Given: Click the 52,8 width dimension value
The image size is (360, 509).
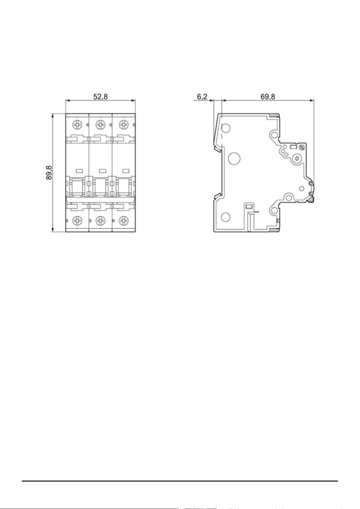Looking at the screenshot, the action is click(100, 97).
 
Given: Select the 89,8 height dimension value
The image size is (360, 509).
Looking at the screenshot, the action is click(49, 173).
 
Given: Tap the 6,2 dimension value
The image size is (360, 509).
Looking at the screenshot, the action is click(202, 97).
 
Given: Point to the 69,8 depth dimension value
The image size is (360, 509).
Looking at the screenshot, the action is click(268, 97).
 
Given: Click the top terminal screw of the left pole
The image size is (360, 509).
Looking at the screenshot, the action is click(77, 124).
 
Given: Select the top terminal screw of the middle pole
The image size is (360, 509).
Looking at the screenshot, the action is click(100, 124).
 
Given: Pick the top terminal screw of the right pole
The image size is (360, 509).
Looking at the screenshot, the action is click(124, 124).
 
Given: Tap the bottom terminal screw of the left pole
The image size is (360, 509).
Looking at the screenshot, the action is click(77, 220).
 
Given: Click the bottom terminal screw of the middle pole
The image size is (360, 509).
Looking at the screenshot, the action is click(100, 220).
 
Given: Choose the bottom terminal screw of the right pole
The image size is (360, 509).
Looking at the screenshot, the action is click(124, 220).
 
